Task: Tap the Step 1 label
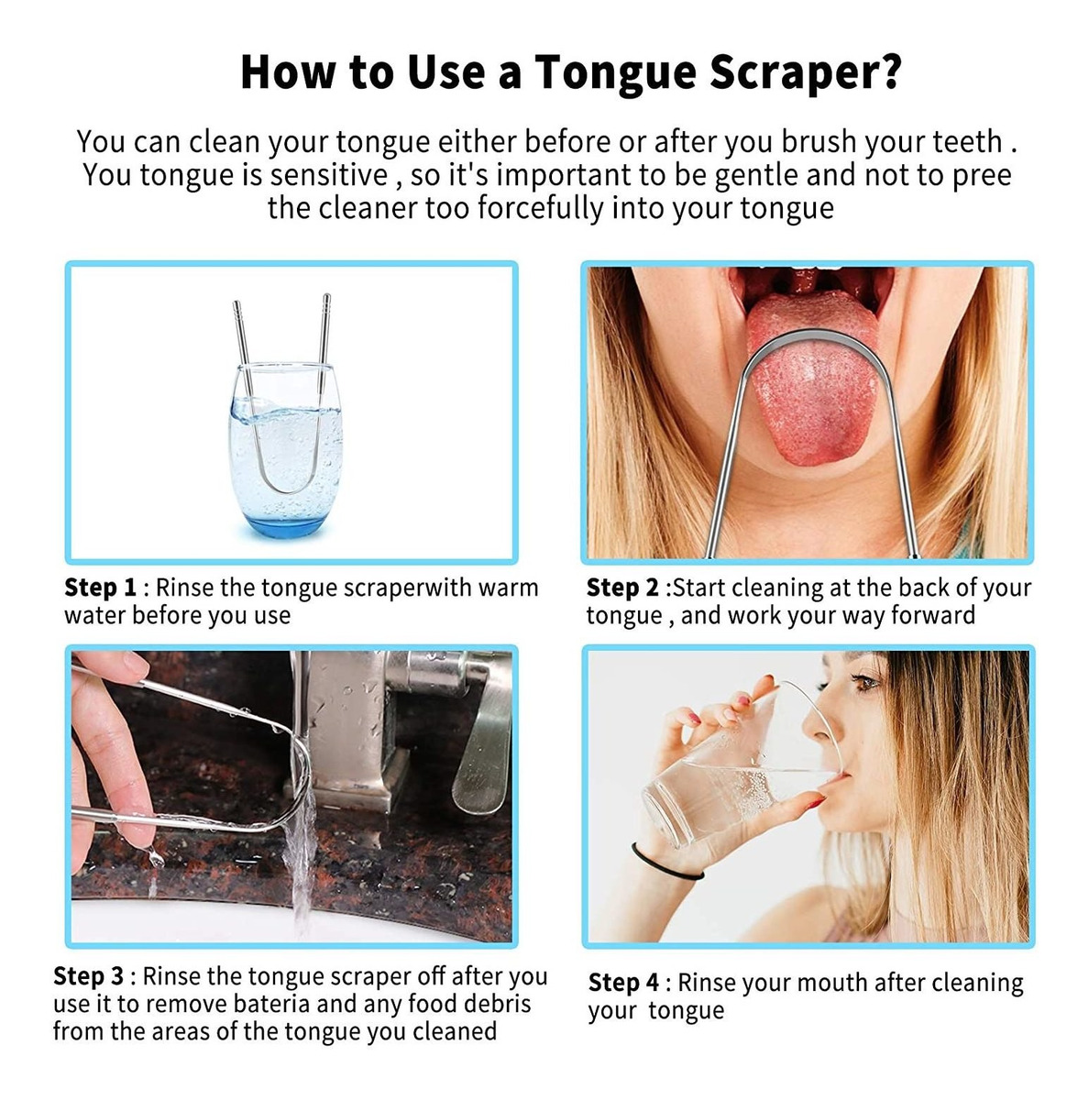tap(101, 588)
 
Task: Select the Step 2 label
tap(622, 588)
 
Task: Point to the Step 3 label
tap(89, 976)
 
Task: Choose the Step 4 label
tap(623, 983)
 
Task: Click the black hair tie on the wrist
tap(665, 864)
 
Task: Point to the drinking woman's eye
tap(863, 681)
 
